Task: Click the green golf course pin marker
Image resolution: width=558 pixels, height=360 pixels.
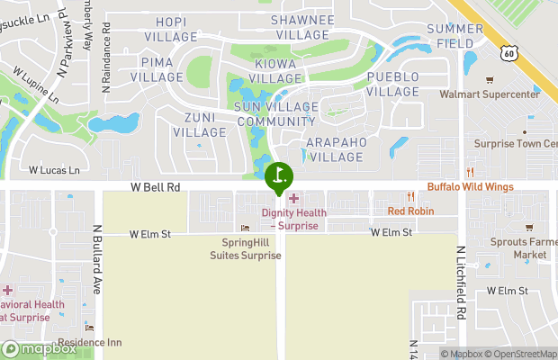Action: (279, 175)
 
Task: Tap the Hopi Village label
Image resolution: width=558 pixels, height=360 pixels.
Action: (171, 28)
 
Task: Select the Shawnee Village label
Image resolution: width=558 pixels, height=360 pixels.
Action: (302, 27)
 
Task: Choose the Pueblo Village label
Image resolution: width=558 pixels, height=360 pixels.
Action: (393, 85)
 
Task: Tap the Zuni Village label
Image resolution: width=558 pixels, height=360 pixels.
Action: (199, 125)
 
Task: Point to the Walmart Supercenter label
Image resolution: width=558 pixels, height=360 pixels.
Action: (490, 94)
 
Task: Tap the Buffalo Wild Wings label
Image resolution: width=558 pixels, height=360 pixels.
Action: (470, 187)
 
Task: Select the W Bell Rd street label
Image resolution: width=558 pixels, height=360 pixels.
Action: (156, 187)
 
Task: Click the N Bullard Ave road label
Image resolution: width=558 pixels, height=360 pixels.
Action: (96, 258)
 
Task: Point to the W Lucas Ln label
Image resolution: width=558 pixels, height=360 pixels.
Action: (54, 169)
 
